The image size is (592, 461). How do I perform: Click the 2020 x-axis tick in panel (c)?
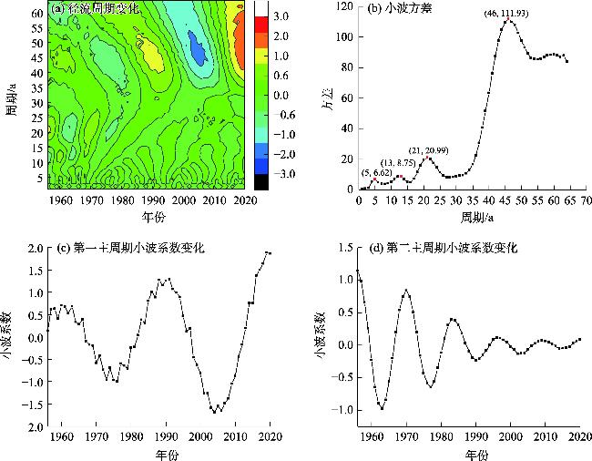point(270,439)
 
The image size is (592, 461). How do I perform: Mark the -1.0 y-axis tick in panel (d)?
point(338,411)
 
